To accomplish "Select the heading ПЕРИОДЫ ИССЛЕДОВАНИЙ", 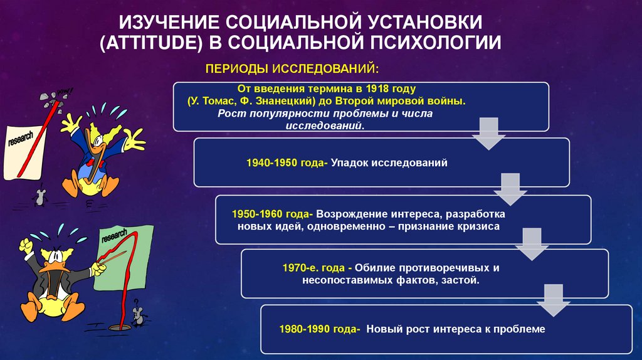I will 292,67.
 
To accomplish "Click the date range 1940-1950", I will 273,163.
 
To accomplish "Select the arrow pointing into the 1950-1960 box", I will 509,189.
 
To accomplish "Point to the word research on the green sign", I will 113,237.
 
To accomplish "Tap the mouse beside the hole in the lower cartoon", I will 137,317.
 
